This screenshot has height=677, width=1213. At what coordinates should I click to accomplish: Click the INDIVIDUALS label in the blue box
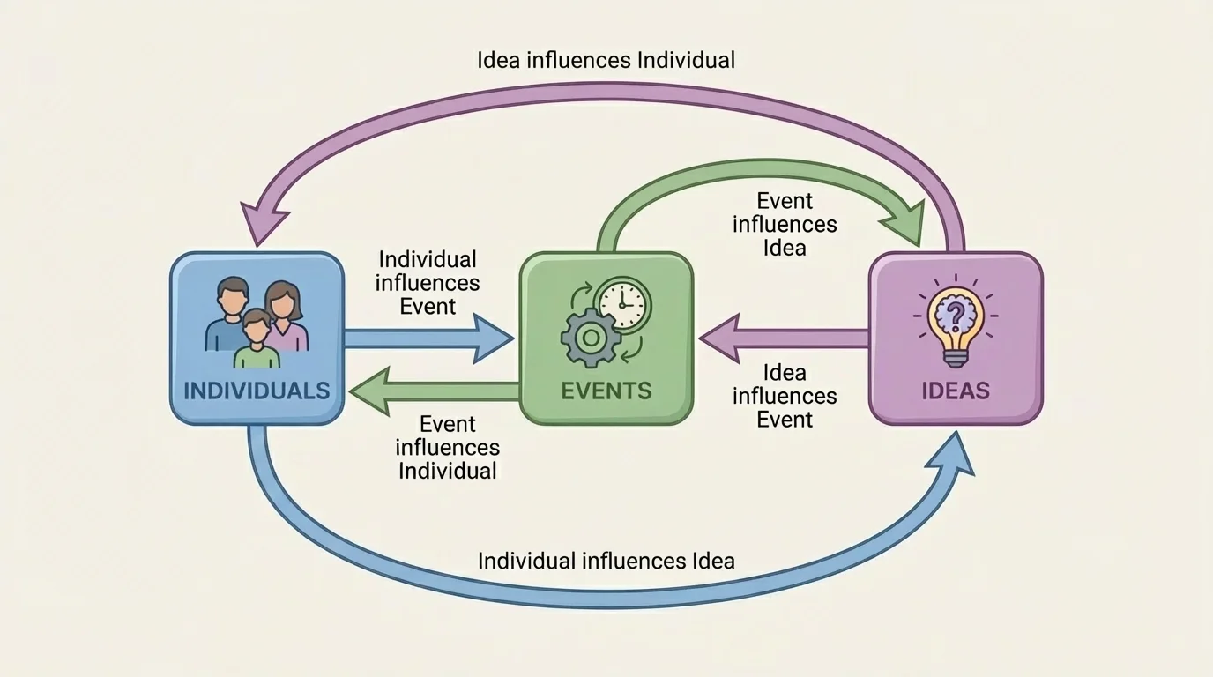pos(257,391)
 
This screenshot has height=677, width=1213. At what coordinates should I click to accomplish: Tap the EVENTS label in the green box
pos(606,391)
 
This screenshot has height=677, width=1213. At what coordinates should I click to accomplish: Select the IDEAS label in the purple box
pos(956,391)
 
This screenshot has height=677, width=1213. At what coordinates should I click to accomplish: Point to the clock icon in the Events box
pos(622,304)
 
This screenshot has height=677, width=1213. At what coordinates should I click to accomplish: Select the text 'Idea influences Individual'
pos(606,61)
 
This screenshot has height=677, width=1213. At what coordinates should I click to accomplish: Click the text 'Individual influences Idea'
pos(606,561)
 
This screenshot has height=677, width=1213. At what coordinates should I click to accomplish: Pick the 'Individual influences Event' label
pos(428,283)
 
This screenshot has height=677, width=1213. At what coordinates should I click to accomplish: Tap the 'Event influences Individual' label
pos(447,447)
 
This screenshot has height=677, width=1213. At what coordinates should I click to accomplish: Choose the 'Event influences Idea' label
pos(785,225)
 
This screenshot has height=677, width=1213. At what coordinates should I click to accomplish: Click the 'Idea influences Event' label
pos(785,396)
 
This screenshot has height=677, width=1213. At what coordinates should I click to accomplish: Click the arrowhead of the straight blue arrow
pos(493,338)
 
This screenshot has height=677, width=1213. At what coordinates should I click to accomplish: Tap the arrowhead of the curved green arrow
pos(905,222)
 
